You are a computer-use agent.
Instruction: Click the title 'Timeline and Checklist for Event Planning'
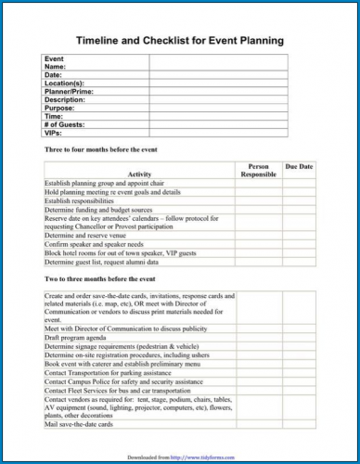pos(179,42)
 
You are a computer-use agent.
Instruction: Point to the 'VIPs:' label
pos(55,132)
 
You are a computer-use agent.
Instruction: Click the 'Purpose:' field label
pos(61,108)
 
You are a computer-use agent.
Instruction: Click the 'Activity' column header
pos(139,174)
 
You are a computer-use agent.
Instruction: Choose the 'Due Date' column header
pos(299,166)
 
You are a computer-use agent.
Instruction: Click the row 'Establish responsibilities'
pos(84,200)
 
